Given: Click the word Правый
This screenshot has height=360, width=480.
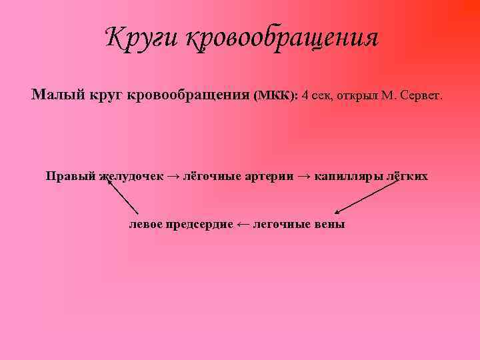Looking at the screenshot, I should [x=71, y=177].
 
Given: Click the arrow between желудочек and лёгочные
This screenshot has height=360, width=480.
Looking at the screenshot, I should [x=173, y=177].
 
